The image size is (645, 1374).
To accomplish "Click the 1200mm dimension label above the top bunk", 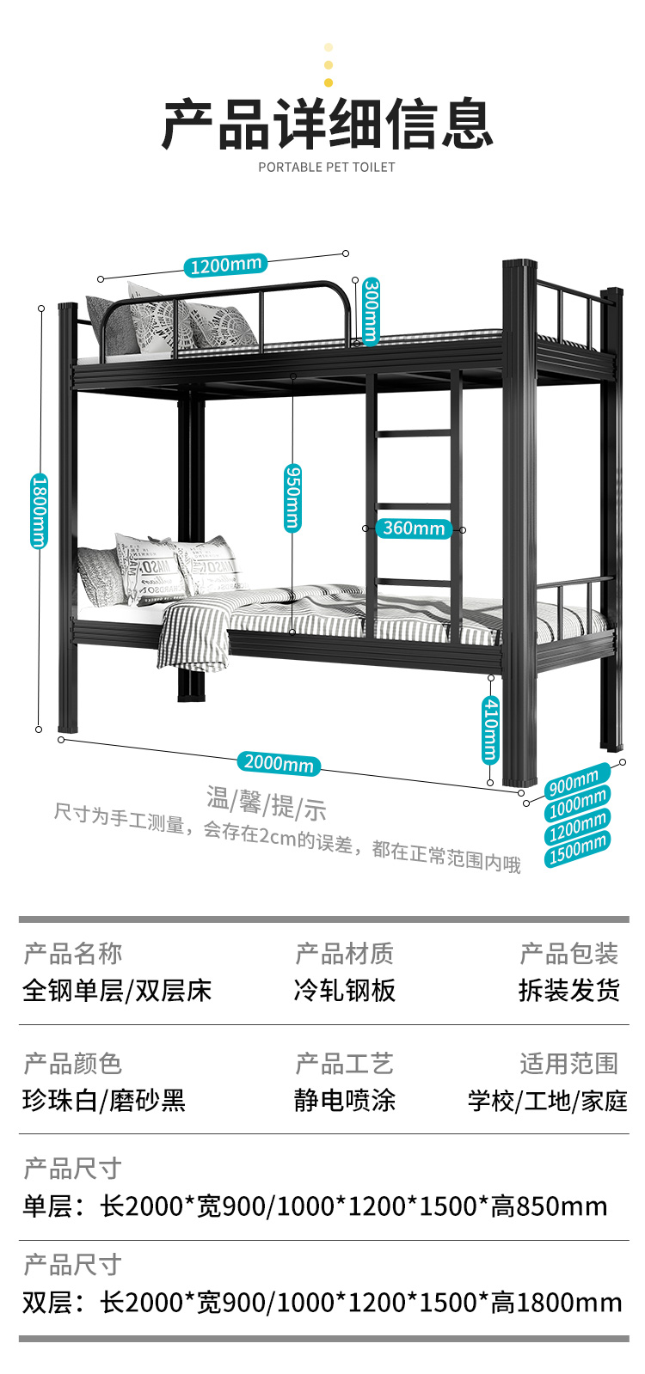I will click(x=225, y=265).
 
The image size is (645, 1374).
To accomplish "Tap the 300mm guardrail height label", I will click(x=371, y=309).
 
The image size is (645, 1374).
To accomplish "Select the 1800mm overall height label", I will click(x=40, y=510).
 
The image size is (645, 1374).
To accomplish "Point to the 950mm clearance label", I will click(x=292, y=498).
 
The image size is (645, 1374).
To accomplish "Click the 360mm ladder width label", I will click(x=414, y=528).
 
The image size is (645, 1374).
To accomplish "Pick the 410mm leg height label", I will click(x=489, y=730).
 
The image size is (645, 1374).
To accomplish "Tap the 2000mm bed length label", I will click(x=279, y=762).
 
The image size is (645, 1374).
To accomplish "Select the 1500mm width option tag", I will click(x=578, y=849).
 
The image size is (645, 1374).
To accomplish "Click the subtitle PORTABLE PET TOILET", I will click(x=327, y=167).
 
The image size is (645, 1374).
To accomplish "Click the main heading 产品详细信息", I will click(x=327, y=125).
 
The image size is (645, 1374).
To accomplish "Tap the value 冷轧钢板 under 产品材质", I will click(x=344, y=991).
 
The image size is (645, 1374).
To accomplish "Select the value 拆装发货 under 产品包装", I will click(x=568, y=991).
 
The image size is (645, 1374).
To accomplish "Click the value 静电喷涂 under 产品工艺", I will click(x=344, y=1101).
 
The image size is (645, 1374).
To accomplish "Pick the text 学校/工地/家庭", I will click(x=547, y=1101).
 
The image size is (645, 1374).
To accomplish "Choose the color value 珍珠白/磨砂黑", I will click(x=104, y=1101).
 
